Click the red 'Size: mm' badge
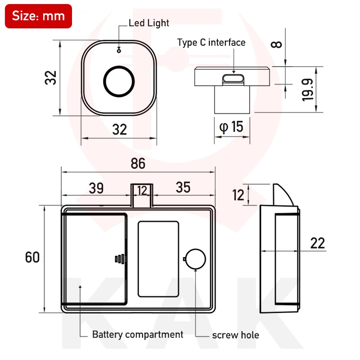pos(38,16)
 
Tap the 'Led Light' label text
pos(149,22)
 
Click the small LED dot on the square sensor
pos(119,50)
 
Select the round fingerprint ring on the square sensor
pos(119,81)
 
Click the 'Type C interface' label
pos(211,43)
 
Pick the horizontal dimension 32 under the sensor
pos(119,130)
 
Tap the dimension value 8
pos(278,44)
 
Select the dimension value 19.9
pos(308,90)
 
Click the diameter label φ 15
pos(231,127)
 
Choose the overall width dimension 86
pos(138,164)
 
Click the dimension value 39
pos(96,188)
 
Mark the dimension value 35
pos(183,188)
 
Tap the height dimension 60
pos(32,257)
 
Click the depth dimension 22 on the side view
pos(317,243)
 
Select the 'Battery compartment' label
pos(137,334)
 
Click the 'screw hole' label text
pos(235,335)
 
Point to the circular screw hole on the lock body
pos(196,259)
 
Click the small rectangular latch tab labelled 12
pos(142,194)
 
